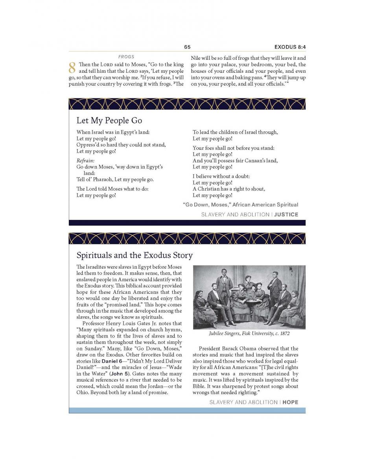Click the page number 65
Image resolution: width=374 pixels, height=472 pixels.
coord(187,47)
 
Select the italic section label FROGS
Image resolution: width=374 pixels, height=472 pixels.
coord(126,57)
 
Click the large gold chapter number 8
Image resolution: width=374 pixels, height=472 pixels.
coord(72,68)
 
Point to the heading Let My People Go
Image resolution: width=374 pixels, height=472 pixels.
coord(109,120)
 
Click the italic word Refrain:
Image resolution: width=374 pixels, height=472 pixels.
coord(85,160)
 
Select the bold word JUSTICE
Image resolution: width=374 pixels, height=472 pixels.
coord(286,214)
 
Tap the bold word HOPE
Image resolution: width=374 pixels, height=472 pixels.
coord(290,402)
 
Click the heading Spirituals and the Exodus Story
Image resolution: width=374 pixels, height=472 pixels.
coord(134,255)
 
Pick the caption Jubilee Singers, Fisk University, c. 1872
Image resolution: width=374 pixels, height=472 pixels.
coord(249,334)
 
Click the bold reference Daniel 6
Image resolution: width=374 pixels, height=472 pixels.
coord(112,361)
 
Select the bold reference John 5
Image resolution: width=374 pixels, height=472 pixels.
coord(120,374)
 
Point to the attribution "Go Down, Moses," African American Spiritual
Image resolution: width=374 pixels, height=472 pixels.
coord(241,205)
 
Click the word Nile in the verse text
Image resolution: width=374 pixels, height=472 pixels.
coord(196,58)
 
